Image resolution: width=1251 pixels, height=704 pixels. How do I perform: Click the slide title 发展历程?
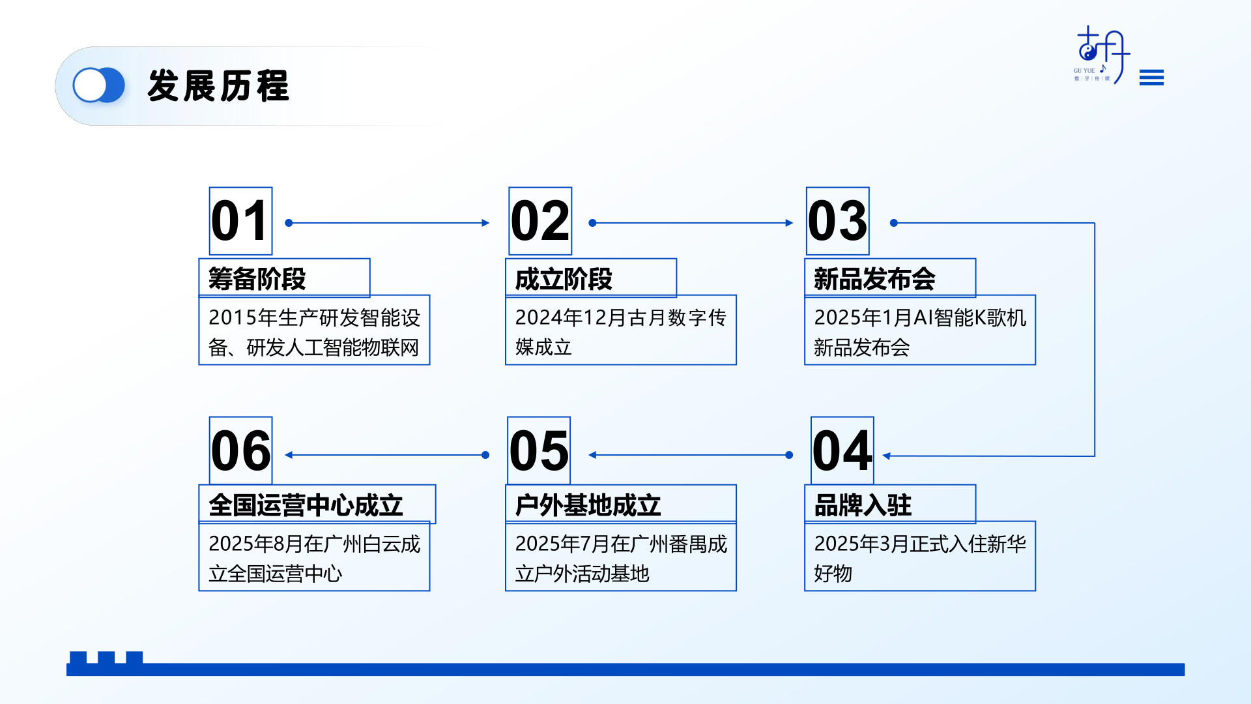(218, 85)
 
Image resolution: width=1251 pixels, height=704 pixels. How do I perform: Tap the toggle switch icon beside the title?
(98, 85)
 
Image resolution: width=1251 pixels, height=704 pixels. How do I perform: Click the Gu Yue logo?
(1102, 55)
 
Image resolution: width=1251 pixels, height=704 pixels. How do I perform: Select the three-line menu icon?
(1151, 78)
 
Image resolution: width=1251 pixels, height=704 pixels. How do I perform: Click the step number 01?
(240, 221)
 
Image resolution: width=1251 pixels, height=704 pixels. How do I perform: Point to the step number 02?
(540, 221)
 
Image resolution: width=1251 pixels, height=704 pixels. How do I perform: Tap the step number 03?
(837, 221)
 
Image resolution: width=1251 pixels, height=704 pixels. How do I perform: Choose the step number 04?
(842, 450)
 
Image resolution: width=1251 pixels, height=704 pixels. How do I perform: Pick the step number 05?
(539, 450)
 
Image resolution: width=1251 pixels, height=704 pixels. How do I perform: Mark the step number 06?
(240, 450)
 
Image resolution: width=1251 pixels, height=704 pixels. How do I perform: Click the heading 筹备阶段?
(257, 279)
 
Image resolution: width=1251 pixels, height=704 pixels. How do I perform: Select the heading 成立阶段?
(564, 279)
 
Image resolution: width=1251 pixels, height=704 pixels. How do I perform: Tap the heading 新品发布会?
(874, 279)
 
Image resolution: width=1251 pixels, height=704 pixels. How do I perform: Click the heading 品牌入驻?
(863, 505)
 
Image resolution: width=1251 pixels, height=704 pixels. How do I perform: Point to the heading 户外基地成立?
(588, 505)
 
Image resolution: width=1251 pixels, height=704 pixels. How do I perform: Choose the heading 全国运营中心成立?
(306, 505)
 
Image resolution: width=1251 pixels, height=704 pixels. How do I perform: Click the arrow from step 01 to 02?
(387, 223)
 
